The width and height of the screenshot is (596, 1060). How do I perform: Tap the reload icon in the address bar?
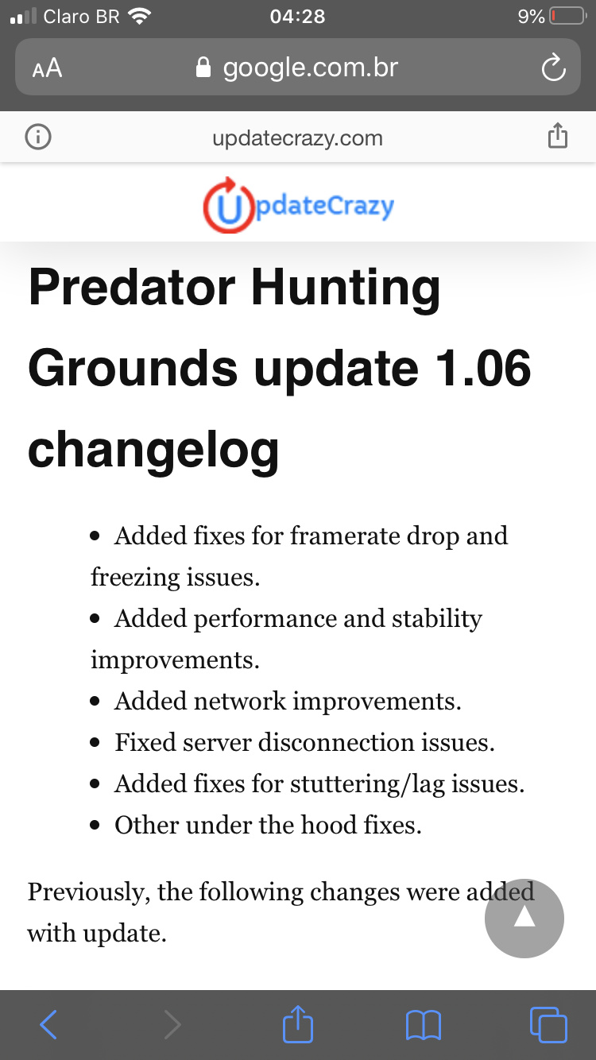point(553,68)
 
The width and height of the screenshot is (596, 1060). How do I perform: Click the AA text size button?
point(47,68)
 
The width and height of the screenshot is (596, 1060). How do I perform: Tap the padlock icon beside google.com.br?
point(203,68)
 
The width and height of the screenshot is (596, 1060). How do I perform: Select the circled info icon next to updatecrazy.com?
point(38,137)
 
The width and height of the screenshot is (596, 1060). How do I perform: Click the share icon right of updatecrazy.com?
point(558,136)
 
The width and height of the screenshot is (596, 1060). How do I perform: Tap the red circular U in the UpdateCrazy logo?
point(229,205)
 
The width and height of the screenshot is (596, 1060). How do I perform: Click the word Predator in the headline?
point(132,287)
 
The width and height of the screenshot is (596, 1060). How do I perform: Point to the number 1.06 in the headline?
point(483,368)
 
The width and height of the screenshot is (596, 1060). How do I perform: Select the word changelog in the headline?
point(153,451)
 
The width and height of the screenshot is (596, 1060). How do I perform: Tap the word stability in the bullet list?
point(437,619)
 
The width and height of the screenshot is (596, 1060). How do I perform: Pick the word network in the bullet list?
point(241,701)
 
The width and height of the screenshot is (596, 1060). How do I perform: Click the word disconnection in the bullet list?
point(336,742)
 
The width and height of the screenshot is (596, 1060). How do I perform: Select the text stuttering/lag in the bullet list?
point(367,784)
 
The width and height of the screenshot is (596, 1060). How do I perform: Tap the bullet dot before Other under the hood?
point(95,826)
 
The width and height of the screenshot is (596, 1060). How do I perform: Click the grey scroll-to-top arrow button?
point(524,918)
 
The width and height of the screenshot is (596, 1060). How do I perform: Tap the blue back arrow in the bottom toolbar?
point(48,1024)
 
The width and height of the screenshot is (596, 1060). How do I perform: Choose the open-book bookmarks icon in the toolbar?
point(424,1026)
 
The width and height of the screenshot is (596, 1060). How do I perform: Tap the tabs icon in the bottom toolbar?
point(548,1024)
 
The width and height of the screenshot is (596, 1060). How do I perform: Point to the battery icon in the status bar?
point(568,17)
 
